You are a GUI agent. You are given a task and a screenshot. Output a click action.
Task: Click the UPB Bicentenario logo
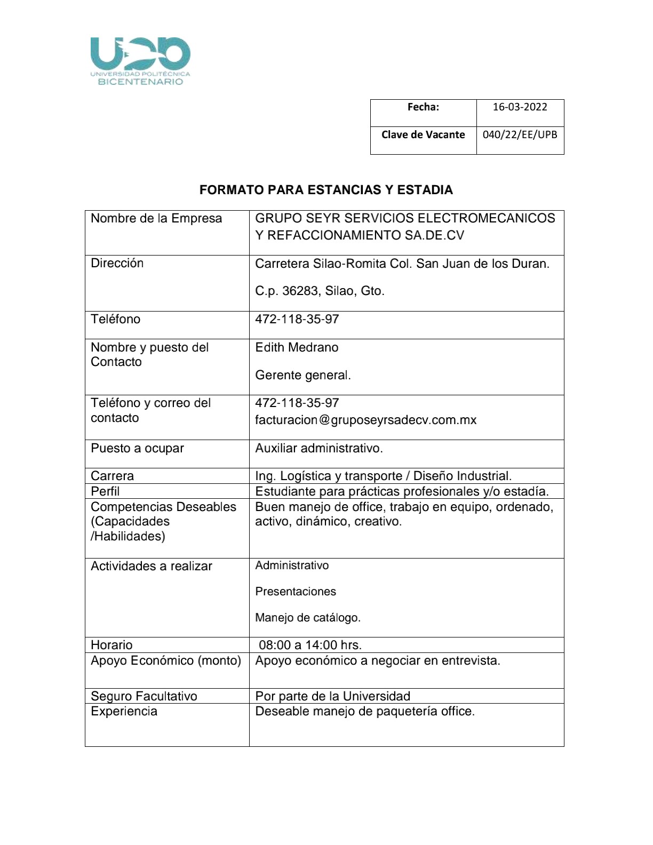tap(140, 61)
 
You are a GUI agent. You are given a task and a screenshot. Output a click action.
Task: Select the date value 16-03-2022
tap(520, 107)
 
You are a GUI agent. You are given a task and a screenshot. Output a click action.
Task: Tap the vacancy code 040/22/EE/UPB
tap(520, 134)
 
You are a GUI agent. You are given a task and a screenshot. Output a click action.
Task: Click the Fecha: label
tap(423, 107)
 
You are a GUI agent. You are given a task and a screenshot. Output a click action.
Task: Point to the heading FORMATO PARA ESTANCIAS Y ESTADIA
tap(326, 190)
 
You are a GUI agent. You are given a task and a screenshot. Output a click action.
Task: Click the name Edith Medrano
tap(297, 347)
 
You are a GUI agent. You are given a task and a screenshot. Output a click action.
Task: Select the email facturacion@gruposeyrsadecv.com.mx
tap(366, 420)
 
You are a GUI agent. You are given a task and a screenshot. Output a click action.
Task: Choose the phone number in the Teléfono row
tap(297, 319)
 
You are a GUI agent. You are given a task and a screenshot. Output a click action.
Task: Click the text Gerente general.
tap(303, 375)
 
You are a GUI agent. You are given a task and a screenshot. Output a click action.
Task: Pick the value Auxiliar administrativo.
tap(319, 448)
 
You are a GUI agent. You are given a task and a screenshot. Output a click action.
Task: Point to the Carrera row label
tap(112, 476)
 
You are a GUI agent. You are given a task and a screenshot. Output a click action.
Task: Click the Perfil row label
tap(105, 491)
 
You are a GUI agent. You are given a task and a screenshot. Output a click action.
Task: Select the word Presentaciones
tap(296, 591)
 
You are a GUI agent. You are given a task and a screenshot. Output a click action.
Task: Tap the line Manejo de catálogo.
tap(308, 618)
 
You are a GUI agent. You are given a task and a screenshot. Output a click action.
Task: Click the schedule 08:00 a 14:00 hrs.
tap(310, 645)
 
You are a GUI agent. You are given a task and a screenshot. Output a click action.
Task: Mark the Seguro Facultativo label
tap(144, 696)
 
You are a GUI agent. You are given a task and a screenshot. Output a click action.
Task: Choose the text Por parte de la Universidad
tap(333, 696)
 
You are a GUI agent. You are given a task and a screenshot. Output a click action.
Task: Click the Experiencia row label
tap(124, 711)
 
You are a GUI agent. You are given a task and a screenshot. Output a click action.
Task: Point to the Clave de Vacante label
tap(423, 134)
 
